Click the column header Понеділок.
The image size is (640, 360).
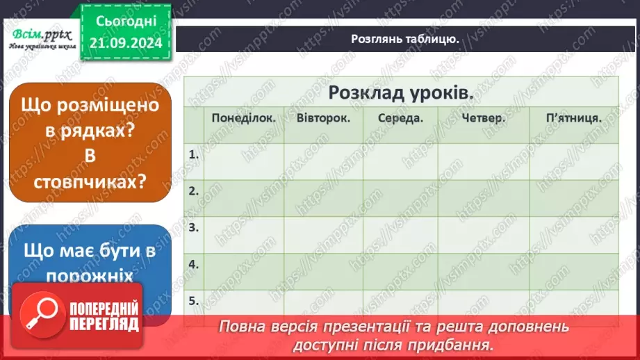[244, 117]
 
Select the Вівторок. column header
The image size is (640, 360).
[323, 117]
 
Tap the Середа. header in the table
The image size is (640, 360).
[401, 118]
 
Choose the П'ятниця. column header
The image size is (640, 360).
[574, 118]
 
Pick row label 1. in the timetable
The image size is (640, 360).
[194, 154]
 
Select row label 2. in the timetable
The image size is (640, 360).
[194, 190]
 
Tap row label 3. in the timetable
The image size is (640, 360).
[194, 227]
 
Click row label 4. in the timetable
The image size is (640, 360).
[194, 264]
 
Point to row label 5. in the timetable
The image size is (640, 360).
[194, 301]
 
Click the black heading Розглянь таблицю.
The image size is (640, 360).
[404, 39]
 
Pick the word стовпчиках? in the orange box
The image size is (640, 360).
[90, 181]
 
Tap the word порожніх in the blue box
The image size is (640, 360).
[90, 276]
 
